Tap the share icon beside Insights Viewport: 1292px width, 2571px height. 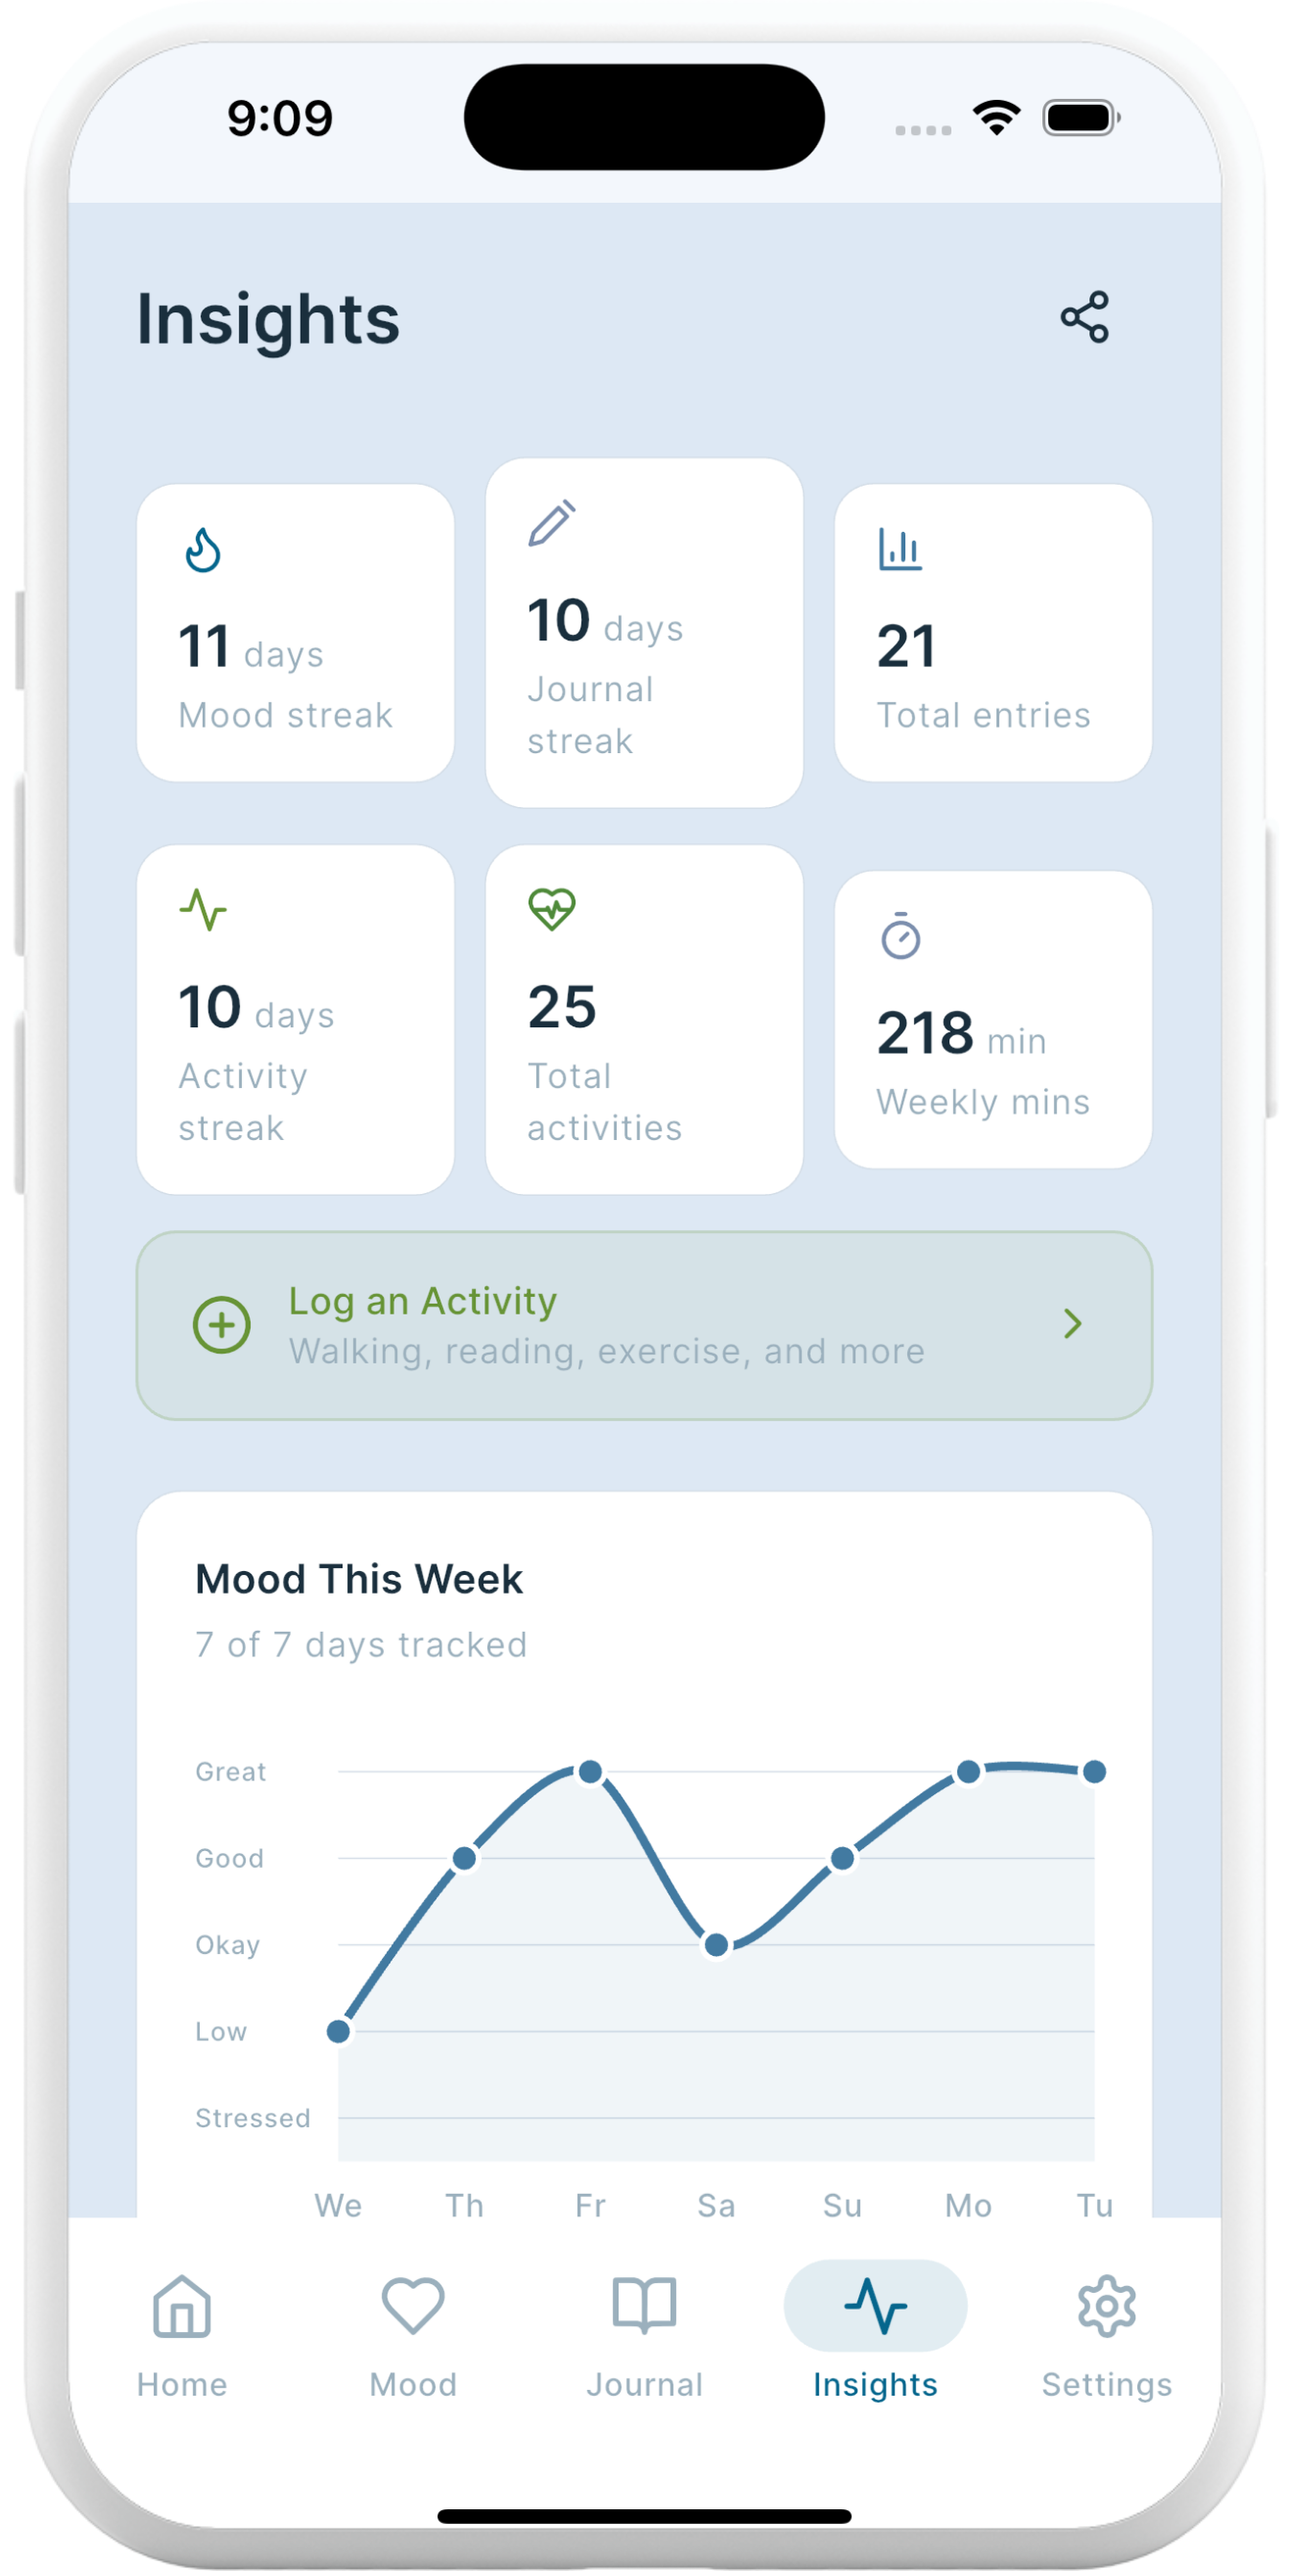click(1084, 317)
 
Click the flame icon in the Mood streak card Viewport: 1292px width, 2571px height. click(203, 549)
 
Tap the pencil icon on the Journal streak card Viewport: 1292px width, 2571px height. click(552, 523)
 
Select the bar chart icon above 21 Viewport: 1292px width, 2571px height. click(900, 548)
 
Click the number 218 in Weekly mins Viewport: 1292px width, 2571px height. click(925, 1032)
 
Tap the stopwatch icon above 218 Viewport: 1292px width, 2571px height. click(900, 936)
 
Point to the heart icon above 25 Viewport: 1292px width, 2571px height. click(552, 909)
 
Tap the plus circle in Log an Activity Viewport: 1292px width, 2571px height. click(221, 1324)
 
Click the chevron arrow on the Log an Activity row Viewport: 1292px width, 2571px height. click(1073, 1323)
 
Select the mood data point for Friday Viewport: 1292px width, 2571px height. click(590, 1772)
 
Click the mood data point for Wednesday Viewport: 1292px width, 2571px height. click(339, 2031)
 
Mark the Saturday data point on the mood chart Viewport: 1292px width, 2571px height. click(716, 1944)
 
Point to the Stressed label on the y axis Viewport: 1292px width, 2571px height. click(253, 2118)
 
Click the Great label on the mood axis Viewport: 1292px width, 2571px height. click(230, 1772)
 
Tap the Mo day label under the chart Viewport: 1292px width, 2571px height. click(968, 2205)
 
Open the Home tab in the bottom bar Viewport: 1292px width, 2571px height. click(182, 2333)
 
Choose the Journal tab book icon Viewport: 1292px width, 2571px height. click(644, 2307)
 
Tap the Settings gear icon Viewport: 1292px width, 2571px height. click(1106, 2307)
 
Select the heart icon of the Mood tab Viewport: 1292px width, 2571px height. click(413, 2307)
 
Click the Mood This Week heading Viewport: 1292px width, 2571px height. click(359, 1579)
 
